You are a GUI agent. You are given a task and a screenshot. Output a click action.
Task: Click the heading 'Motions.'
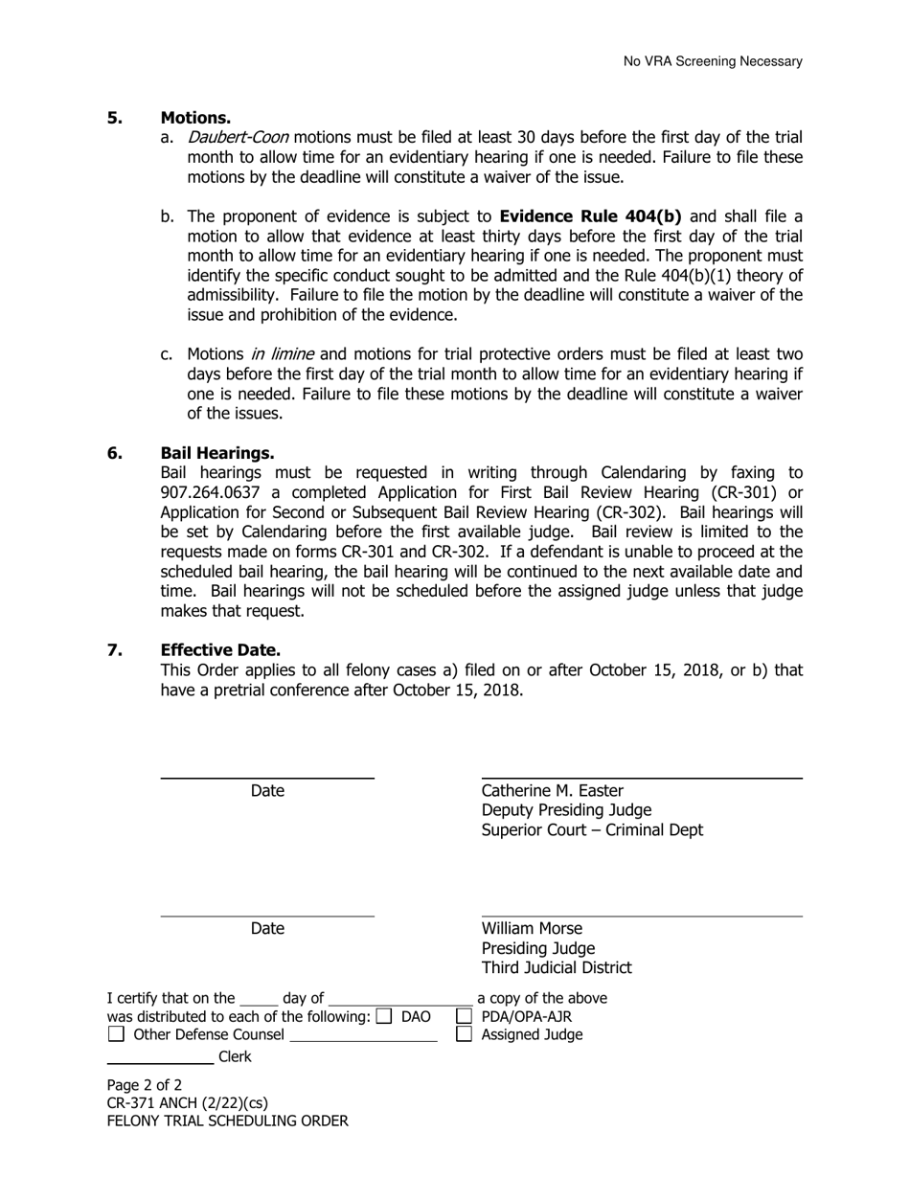(x=195, y=118)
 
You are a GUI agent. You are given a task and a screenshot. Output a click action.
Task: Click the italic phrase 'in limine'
(x=281, y=354)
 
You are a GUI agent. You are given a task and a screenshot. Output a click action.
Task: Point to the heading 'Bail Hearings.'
(x=216, y=453)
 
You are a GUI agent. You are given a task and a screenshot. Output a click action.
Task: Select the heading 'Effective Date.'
(x=220, y=650)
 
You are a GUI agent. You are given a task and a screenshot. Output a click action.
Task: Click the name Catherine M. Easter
(x=552, y=791)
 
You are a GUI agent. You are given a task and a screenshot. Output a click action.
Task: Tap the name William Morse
(x=532, y=929)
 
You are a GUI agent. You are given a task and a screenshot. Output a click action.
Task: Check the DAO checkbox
(x=384, y=1016)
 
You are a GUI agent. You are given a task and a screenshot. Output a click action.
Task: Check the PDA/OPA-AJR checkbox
(x=464, y=1016)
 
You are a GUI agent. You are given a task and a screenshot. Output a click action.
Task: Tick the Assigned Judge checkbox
(x=464, y=1034)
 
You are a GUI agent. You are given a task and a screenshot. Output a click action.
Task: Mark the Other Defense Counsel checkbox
(x=116, y=1034)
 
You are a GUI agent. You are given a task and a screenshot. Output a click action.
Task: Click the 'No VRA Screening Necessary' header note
(x=713, y=61)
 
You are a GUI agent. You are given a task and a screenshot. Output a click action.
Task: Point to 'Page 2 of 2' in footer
(x=144, y=1086)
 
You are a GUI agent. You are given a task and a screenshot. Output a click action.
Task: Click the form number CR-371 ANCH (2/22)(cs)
(x=188, y=1103)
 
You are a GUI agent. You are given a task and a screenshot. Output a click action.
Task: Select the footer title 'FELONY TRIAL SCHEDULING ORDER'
(x=228, y=1121)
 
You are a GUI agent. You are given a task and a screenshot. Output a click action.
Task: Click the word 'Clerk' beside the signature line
(x=236, y=1057)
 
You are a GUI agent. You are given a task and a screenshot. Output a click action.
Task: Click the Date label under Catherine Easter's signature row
(x=267, y=791)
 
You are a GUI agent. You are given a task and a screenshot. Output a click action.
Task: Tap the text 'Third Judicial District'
(x=557, y=967)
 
